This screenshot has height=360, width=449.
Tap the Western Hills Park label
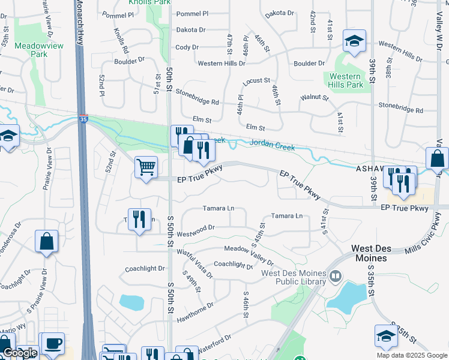click(346, 80)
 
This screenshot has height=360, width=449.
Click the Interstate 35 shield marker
click(83, 119)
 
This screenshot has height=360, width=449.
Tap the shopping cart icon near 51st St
click(146, 167)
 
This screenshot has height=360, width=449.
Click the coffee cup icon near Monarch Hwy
click(53, 343)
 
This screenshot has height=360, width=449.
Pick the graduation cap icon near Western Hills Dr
click(354, 41)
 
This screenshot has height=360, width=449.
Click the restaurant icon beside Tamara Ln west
click(139, 218)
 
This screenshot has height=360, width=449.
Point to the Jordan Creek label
click(273, 143)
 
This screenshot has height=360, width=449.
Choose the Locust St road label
click(257, 81)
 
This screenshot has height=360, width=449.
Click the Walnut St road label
click(315, 97)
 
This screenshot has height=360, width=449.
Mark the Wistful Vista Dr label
click(194, 262)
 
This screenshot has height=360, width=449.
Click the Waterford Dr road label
click(211, 340)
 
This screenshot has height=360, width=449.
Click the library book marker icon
click(335, 277)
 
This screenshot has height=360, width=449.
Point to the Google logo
click(19, 353)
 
